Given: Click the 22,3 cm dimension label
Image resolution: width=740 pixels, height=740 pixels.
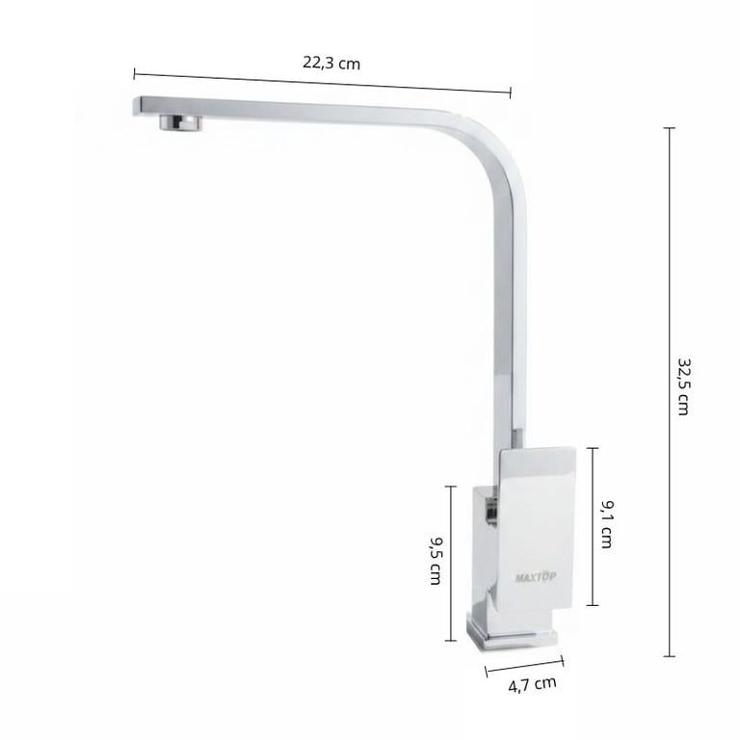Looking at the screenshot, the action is pyautogui.click(x=331, y=63).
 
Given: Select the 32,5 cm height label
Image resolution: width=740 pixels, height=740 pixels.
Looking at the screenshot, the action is pyautogui.click(x=684, y=386).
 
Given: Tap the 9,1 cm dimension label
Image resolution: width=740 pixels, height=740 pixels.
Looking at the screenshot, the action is pyautogui.click(x=607, y=524).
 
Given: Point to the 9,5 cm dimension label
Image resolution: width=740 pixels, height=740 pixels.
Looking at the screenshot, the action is pyautogui.click(x=436, y=560).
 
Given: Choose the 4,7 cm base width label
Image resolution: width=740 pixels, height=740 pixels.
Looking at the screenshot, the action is pyautogui.click(x=532, y=684).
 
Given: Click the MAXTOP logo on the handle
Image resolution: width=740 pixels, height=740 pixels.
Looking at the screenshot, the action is pyautogui.click(x=536, y=577).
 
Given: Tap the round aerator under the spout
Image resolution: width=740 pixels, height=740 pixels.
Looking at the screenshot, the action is pyautogui.click(x=180, y=121).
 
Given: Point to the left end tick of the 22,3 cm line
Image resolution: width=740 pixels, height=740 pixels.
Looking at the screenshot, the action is pyautogui.click(x=135, y=73).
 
